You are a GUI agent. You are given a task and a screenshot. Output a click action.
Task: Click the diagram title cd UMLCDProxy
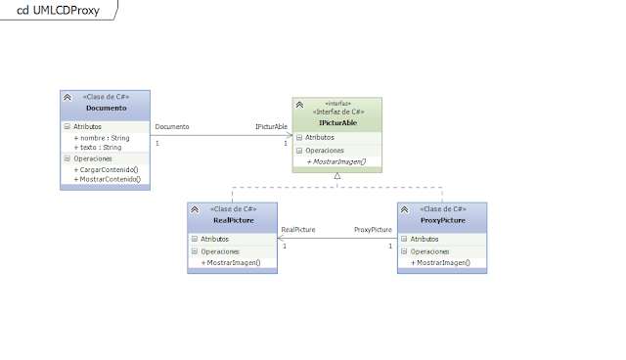click(59, 10)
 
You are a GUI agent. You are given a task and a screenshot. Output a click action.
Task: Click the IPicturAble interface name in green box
click(337, 123)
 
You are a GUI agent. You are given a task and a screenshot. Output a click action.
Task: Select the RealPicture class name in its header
click(234, 220)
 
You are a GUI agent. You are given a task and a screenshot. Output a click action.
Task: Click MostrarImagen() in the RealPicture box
click(231, 262)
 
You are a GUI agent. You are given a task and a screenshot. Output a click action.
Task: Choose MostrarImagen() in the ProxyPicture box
click(441, 262)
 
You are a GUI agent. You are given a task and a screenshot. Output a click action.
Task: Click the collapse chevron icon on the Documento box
click(67, 98)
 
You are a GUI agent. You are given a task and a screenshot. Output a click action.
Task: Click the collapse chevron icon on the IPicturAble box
click(299, 105)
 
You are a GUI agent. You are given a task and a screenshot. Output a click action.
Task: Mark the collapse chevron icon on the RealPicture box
click(195, 209)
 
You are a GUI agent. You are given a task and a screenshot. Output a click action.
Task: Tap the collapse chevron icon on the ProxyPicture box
click(405, 209)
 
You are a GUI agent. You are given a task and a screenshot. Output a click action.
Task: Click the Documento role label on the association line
click(171, 127)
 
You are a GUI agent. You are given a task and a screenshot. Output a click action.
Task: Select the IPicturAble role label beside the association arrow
click(271, 127)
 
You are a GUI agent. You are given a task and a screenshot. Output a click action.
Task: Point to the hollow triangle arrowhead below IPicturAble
click(337, 176)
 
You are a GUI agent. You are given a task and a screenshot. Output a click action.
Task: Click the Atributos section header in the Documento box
click(94, 126)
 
